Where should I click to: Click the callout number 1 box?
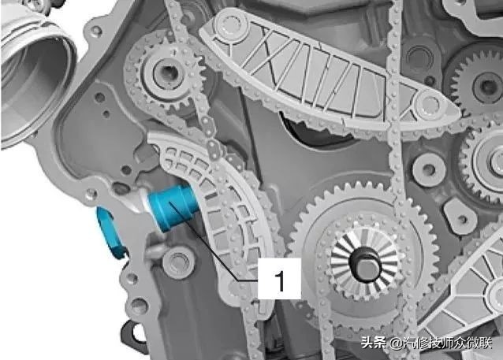click(x=279, y=278)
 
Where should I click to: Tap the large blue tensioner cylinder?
click(x=172, y=208)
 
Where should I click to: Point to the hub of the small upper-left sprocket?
click(x=166, y=73)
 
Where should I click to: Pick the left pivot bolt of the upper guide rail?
click(x=230, y=25)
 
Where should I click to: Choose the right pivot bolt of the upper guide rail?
click(x=429, y=105)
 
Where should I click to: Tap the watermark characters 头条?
click(x=374, y=343)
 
